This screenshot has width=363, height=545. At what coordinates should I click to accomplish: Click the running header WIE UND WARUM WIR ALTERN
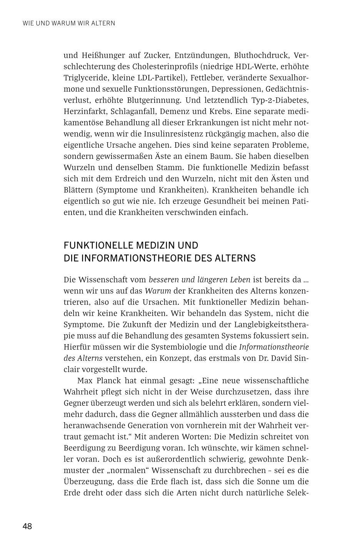pos(69,23)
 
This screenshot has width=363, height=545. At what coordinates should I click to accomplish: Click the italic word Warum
pos(158,291)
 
